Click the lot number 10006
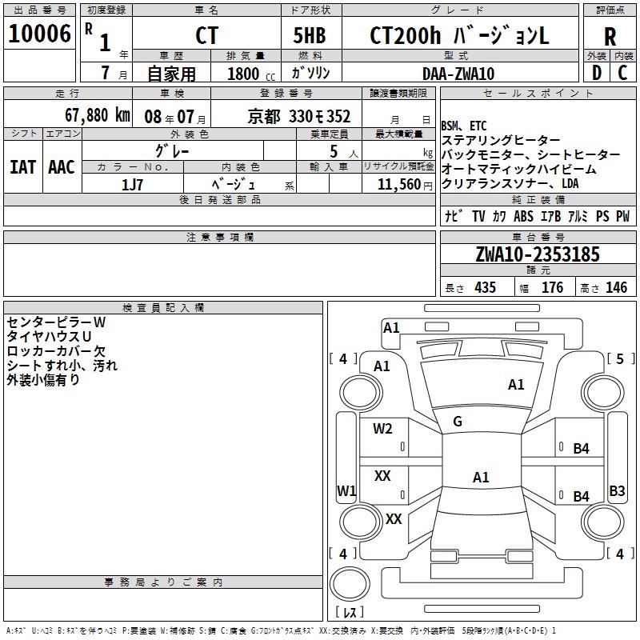39,34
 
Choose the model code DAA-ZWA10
458,74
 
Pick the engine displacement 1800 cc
248,74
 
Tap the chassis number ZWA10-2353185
537,254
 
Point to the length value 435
484,287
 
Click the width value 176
552,287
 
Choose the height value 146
616,287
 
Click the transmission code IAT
22,166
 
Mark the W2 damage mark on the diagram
382,429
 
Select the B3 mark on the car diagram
617,491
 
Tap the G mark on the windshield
458,422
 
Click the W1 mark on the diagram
346,490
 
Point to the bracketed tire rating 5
620,359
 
